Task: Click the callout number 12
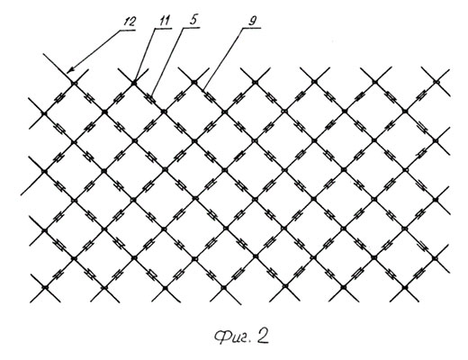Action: [130, 22]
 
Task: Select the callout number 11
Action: [165, 21]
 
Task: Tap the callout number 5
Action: [193, 20]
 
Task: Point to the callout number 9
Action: [253, 21]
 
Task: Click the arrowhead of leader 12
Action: [68, 71]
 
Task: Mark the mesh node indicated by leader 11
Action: [134, 82]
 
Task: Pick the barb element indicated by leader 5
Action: [151, 98]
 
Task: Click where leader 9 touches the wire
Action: [203, 89]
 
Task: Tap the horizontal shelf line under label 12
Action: [128, 31]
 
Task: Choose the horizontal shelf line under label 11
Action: [164, 29]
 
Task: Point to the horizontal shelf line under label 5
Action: [192, 28]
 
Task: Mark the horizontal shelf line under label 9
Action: [252, 29]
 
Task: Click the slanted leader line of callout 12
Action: [93, 51]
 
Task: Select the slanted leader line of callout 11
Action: [145, 55]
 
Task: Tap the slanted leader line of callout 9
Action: [223, 58]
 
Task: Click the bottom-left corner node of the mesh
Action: [45, 287]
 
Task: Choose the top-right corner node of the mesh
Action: [436, 81]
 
